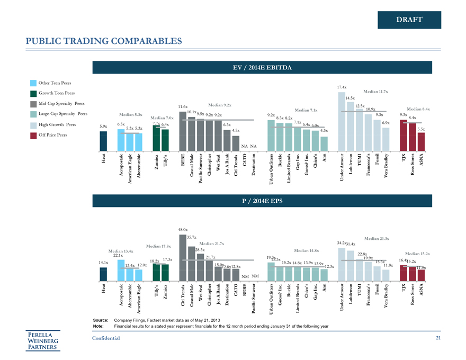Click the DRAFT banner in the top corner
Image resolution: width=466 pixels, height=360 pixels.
click(409, 20)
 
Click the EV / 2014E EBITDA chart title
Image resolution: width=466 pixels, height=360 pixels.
click(262, 67)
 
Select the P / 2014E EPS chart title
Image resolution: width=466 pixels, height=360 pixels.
click(262, 201)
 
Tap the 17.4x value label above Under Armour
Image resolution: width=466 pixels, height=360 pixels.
click(342, 87)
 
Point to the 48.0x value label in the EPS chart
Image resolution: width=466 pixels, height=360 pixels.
click(183, 229)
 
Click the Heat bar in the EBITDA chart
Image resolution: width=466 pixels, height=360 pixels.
click(103, 141)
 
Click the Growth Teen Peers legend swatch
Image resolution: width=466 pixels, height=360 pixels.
click(34, 93)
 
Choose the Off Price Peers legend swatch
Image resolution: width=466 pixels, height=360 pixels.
click(34, 135)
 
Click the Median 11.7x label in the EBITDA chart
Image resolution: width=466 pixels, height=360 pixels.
click(375, 92)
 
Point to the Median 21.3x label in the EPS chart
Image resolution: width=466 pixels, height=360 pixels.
click(377, 239)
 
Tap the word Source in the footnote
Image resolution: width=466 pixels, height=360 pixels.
click(101, 321)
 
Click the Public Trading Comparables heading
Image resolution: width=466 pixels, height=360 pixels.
click(100, 41)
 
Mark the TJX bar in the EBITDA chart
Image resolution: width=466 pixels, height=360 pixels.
click(404, 136)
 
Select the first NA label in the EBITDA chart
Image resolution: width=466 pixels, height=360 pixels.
click(244, 146)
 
